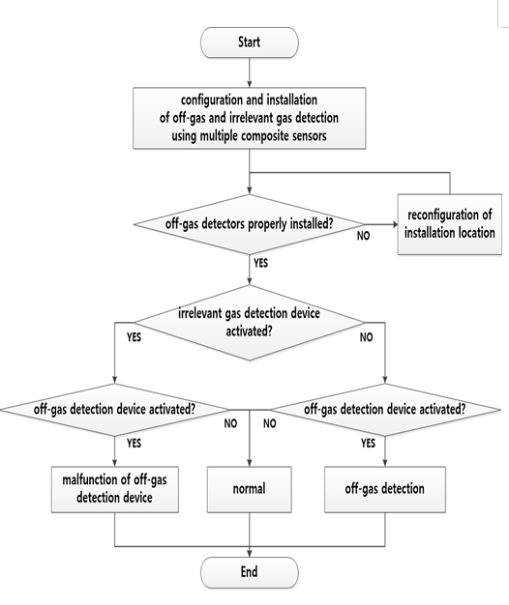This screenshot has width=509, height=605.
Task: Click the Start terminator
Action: pyautogui.click(x=249, y=43)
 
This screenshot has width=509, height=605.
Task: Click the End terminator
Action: pyautogui.click(x=249, y=572)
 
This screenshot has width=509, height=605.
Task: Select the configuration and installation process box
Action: pyautogui.click(x=249, y=118)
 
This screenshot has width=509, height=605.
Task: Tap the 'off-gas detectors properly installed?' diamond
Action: pyautogui.click(x=249, y=224)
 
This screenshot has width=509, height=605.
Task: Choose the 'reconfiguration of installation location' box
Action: pyautogui.click(x=450, y=224)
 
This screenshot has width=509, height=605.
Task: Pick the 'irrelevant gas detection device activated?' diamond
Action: pyautogui.click(x=249, y=323)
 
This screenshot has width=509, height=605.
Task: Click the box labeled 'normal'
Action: pyautogui.click(x=249, y=489)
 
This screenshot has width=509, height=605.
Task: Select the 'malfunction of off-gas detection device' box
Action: pyautogui.click(x=115, y=489)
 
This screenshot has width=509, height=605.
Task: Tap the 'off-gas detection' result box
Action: pyautogui.click(x=384, y=489)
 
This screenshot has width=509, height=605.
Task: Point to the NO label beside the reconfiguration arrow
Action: pyautogui.click(x=363, y=236)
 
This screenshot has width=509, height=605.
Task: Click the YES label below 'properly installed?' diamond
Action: pyautogui.click(x=260, y=263)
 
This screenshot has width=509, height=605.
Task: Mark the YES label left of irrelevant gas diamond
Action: pyautogui.click(x=134, y=337)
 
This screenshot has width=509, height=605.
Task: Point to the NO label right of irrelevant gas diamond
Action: pyautogui.click(x=366, y=337)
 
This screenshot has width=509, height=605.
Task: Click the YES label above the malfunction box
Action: pyautogui.click(x=134, y=443)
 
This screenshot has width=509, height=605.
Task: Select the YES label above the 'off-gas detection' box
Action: pyautogui.click(x=368, y=443)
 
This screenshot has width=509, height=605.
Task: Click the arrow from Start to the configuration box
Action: pyautogui.click(x=249, y=72)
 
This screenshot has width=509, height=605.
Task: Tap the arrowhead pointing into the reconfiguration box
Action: pyautogui.click(x=396, y=224)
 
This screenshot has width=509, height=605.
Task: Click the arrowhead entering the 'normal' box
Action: pyautogui.click(x=249, y=464)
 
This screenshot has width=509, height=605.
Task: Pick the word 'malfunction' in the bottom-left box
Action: pyautogui.click(x=90, y=479)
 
